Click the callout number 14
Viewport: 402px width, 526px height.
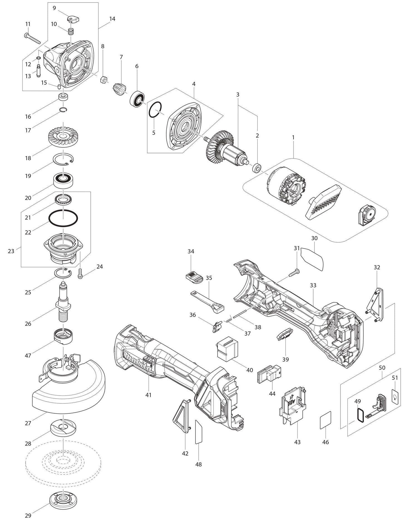pyautogui.click(x=112, y=19)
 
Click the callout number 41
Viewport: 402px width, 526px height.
pyautogui.click(x=148, y=395)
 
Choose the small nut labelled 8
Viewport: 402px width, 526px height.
pyautogui.click(x=103, y=80)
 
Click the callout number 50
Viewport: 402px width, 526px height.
pyautogui.click(x=382, y=368)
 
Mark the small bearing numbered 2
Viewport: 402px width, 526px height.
pyautogui.click(x=256, y=168)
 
